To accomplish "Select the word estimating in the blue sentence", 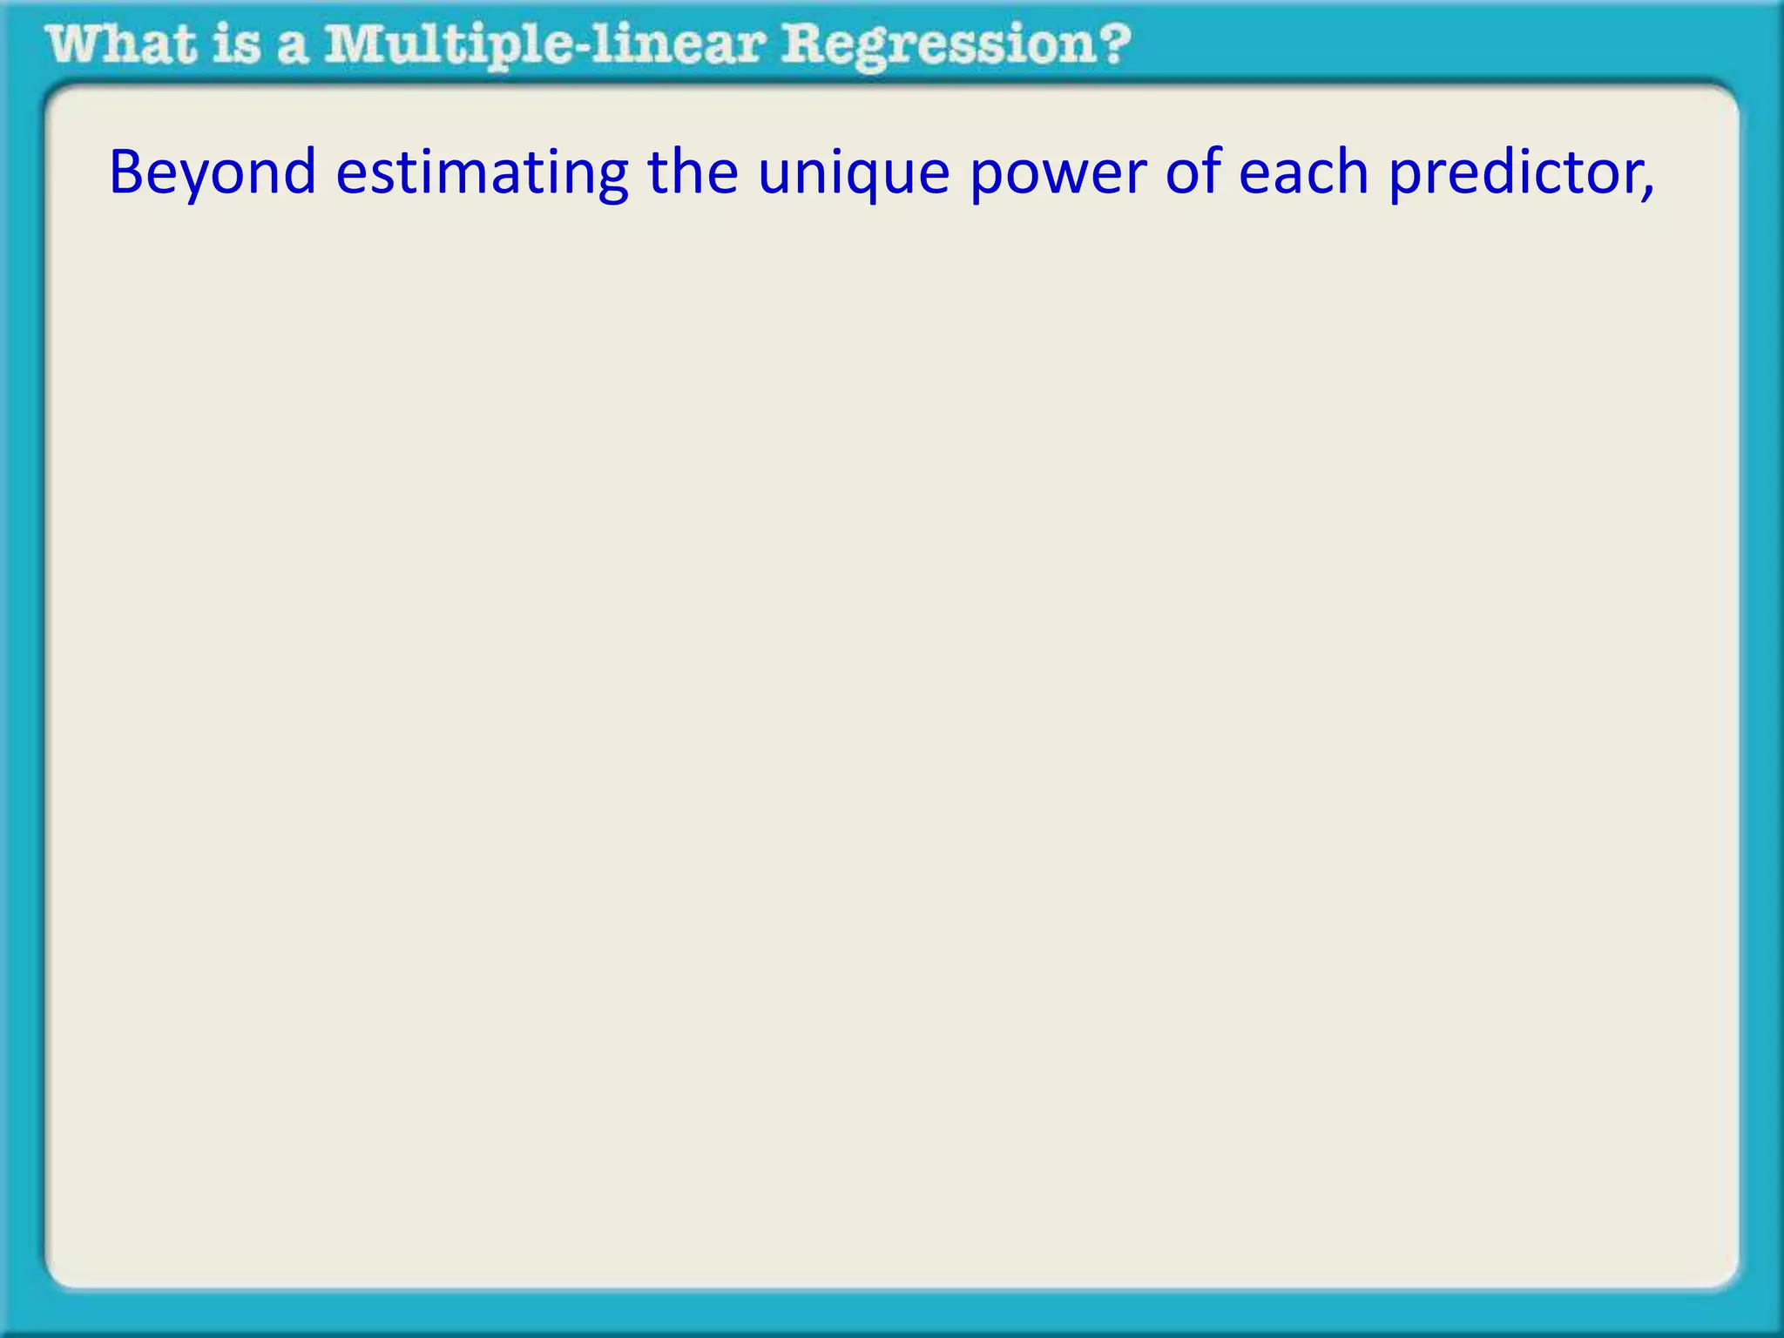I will [x=482, y=172].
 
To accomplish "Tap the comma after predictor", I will [x=1646, y=193].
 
